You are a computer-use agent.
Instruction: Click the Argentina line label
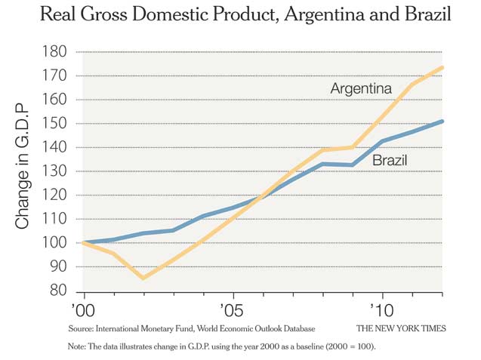pos(361,89)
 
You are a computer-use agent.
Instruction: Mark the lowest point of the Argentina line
pos(143,278)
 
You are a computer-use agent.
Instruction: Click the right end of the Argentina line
pos(442,67)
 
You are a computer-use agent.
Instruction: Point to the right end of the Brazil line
pos(442,121)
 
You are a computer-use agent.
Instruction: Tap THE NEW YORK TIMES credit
pos(401,329)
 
